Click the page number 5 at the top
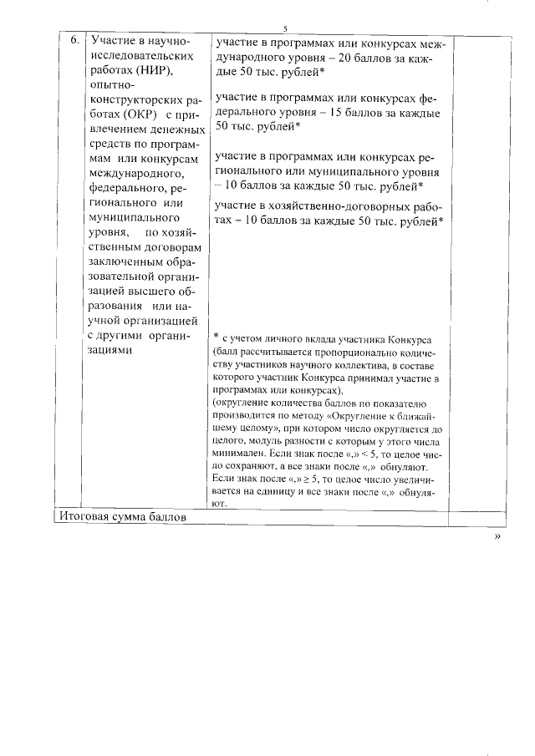285,27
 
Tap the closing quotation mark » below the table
498,536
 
